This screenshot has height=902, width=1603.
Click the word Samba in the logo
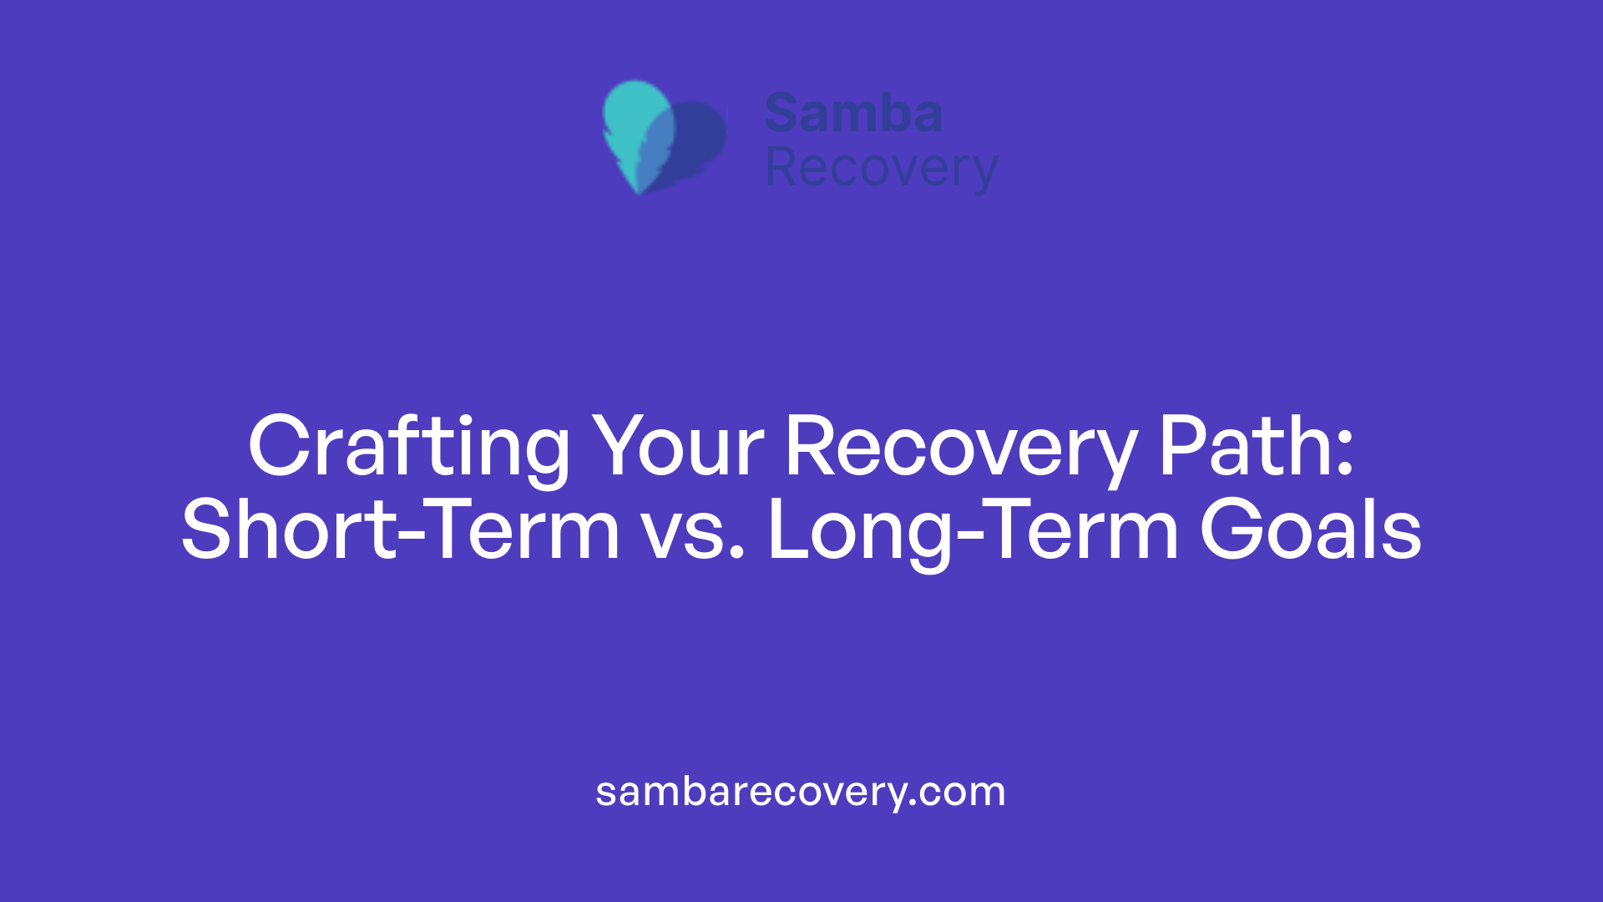(x=853, y=114)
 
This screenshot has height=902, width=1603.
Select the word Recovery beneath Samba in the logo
(x=881, y=169)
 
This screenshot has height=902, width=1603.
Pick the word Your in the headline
(x=677, y=448)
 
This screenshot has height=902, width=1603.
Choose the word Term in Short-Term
(x=525, y=530)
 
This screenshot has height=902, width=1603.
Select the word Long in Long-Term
(x=860, y=531)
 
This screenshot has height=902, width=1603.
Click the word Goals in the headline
(x=1310, y=530)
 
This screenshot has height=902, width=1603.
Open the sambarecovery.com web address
(x=800, y=792)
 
